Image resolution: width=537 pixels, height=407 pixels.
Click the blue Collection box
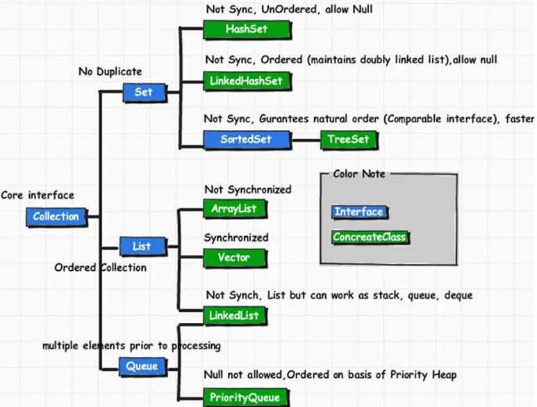[x=56, y=217]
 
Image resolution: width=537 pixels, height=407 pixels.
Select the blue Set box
[x=145, y=92]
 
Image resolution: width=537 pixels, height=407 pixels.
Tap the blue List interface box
[x=144, y=246]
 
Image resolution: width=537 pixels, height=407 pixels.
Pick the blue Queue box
[x=143, y=367]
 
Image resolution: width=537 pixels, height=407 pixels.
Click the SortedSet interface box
[x=247, y=140]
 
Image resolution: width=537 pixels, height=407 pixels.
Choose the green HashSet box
[x=247, y=30]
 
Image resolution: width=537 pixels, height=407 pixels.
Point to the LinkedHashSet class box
[x=247, y=81]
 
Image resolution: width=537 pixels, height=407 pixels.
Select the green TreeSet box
[x=349, y=140]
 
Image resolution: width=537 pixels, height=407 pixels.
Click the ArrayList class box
[x=235, y=208]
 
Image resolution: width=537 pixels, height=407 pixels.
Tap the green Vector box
[x=235, y=258]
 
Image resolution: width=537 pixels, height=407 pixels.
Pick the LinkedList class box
[x=235, y=315]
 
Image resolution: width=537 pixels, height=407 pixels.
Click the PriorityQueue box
[x=246, y=397]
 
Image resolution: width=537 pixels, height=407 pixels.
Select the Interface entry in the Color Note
[x=360, y=212]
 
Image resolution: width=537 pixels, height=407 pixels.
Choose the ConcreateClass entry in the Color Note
[x=370, y=238]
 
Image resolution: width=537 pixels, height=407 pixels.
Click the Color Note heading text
[x=359, y=174]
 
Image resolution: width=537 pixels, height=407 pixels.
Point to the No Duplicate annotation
[x=110, y=72]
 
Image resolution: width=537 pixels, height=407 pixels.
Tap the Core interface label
[x=38, y=195]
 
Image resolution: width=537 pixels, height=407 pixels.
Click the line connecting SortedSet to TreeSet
[x=306, y=140]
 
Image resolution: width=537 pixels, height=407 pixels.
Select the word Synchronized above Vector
[x=236, y=238]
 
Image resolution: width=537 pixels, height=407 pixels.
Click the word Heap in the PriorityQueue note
[x=444, y=375]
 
